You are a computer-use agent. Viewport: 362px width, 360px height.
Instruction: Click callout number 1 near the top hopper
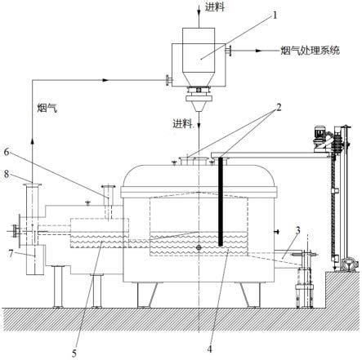pos(275,16)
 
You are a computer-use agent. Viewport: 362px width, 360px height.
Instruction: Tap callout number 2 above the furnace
pos(279,108)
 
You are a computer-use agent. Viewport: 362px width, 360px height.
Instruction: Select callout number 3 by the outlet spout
pos(298,230)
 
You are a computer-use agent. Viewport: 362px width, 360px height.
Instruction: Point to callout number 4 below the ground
pos(209,349)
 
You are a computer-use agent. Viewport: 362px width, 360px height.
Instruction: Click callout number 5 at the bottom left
pos(74,353)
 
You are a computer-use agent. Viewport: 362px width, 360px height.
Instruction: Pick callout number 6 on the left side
pos(7,152)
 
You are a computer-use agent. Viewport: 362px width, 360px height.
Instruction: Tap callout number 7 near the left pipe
pos(11,254)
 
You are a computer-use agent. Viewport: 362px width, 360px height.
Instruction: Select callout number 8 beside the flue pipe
pos(7,174)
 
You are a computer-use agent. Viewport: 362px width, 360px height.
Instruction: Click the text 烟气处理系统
pos(311,51)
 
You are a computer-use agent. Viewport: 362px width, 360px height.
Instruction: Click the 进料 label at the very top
pos(215,7)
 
